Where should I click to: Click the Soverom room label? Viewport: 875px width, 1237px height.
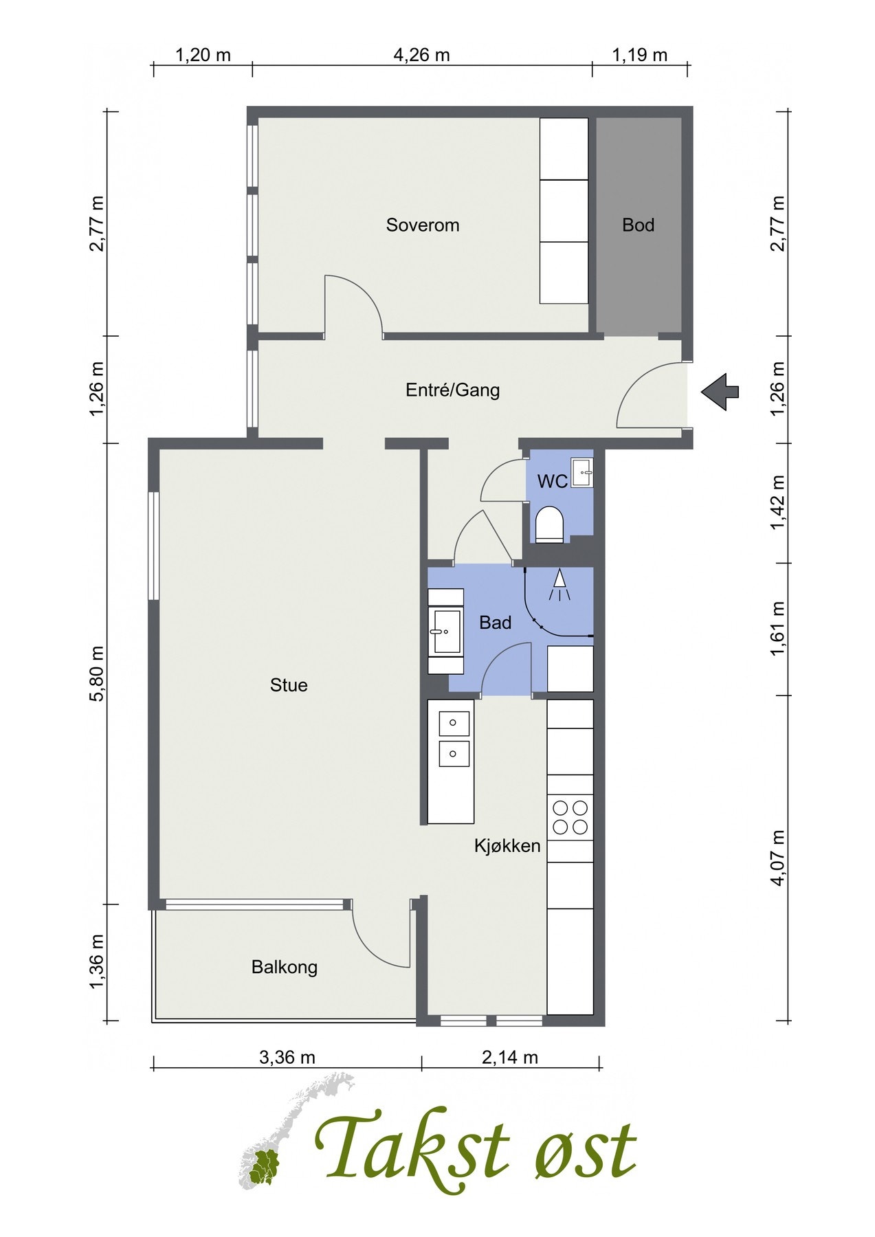pos(422,225)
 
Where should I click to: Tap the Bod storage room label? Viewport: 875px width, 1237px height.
pos(638,225)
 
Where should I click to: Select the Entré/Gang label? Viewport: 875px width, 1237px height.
pos(452,390)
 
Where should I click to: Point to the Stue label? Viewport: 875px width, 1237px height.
pos(289,685)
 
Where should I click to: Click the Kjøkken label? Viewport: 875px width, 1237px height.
pos(507,846)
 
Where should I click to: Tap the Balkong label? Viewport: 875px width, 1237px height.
pos(285,968)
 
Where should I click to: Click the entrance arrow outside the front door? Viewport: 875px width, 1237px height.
pos(720,392)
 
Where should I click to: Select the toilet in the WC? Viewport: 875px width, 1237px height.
pos(549,525)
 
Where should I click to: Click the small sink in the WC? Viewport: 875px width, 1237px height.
pos(583,472)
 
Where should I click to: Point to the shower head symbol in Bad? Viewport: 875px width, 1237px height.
pos(560,586)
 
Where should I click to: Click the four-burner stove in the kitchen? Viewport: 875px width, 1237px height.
pos(571,817)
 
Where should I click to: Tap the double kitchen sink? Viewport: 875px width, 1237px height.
pos(454,738)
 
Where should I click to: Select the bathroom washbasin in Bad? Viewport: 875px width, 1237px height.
pos(445,631)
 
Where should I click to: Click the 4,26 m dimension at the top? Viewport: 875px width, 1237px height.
pos(421,55)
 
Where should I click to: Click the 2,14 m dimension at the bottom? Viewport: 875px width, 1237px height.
pos(510,1057)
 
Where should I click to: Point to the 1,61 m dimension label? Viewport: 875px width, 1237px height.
pos(777,629)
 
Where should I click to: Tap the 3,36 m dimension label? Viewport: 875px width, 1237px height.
pos(287,1057)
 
